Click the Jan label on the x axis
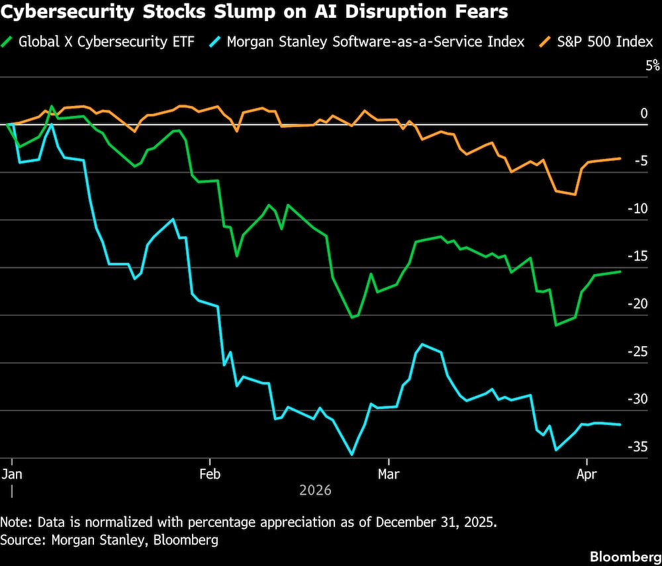11,474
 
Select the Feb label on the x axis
210,474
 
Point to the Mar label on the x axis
389,474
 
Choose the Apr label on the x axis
587,474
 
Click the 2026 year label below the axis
315,491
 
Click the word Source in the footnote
20,540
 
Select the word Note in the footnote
15,521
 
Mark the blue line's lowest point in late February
352,455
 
